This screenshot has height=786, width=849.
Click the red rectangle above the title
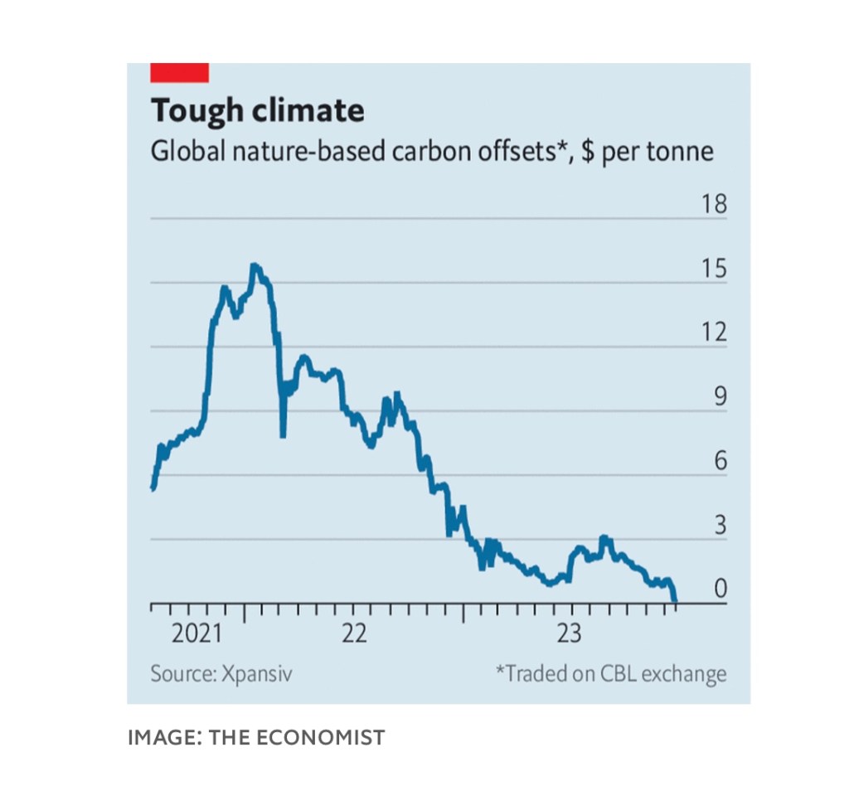click(x=179, y=72)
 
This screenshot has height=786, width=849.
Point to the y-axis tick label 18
click(x=713, y=204)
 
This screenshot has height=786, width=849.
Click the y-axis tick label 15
click(x=713, y=269)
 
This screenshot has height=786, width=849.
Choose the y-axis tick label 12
click(x=713, y=332)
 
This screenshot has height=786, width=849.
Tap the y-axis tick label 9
click(x=720, y=397)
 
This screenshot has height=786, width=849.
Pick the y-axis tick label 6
click(x=720, y=461)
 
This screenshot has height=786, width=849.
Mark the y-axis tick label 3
click(x=720, y=526)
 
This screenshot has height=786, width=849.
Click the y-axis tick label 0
click(x=720, y=589)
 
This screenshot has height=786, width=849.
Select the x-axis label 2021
click(x=196, y=634)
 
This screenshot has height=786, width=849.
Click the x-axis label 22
click(x=354, y=634)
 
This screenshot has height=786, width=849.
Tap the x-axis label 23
click(x=569, y=634)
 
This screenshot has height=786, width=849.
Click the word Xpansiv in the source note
click(x=256, y=673)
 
